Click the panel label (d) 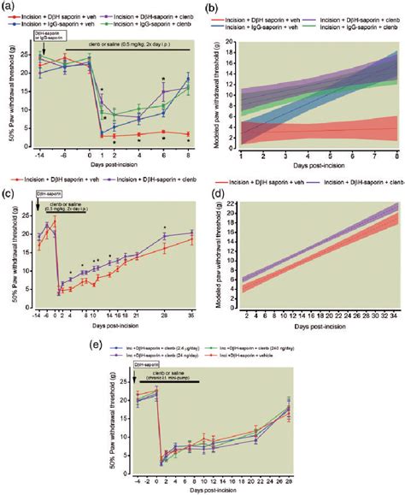click(x=214, y=200)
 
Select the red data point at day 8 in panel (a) click(x=188, y=134)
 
